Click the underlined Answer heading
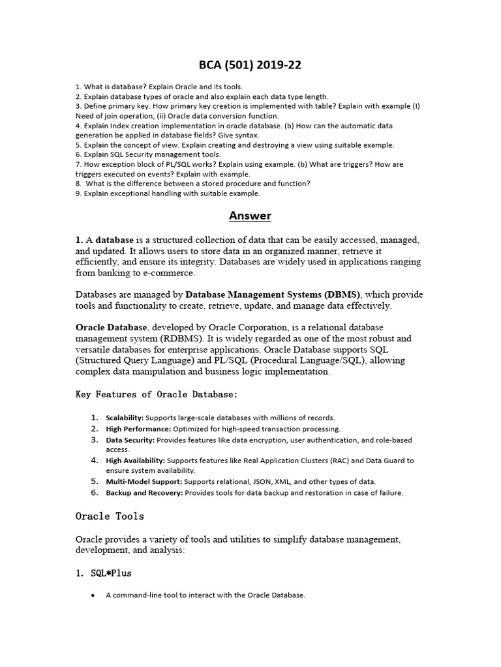(250, 216)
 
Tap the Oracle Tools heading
(110, 516)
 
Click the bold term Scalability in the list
(125, 418)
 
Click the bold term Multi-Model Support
(144, 481)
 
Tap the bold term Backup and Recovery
(145, 493)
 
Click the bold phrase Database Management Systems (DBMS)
(273, 294)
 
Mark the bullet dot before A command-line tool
(94, 595)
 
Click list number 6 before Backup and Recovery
(94, 492)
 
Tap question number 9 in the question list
(78, 193)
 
